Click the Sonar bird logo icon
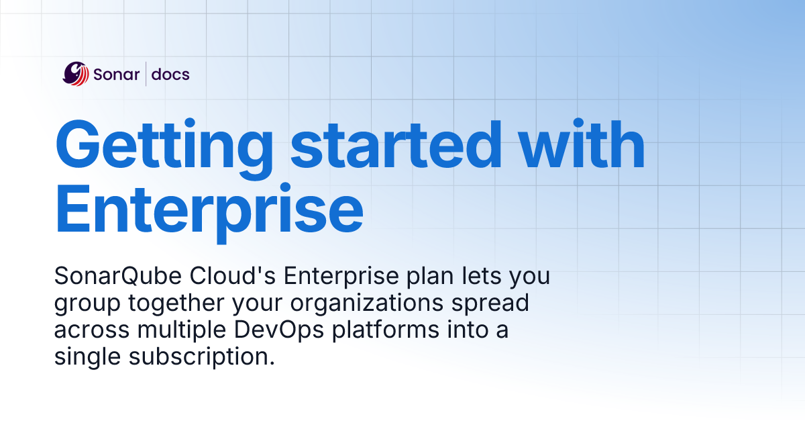76,73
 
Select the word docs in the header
170,74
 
